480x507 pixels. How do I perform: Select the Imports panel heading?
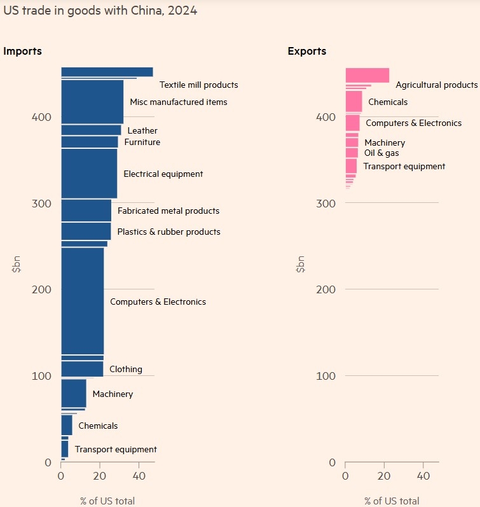[23, 51]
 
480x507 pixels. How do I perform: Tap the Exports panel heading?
[307, 51]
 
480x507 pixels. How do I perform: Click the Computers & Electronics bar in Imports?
[82, 300]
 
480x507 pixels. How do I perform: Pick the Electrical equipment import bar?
[89, 173]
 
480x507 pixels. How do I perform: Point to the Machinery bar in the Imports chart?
[73, 393]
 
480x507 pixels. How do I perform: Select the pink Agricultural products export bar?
[367, 75]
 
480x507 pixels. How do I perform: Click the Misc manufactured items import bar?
[92, 102]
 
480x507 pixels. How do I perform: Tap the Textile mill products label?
[198, 85]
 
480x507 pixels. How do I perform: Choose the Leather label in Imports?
[142, 130]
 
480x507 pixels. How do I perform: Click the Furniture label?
[142, 142]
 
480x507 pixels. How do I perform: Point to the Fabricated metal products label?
[168, 211]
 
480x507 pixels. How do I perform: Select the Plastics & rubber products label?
[168, 232]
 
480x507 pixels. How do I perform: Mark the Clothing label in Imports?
[126, 369]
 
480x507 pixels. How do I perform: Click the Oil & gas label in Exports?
[381, 153]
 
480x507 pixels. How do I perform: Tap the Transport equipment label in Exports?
[404, 166]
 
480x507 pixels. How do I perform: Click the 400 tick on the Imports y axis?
[42, 117]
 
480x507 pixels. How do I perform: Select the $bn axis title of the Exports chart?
[300, 263]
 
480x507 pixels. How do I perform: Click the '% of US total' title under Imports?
[107, 501]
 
